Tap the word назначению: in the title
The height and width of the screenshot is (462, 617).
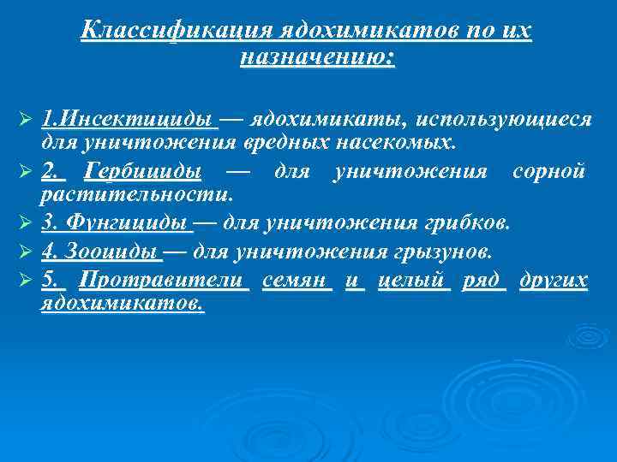[x=318, y=58]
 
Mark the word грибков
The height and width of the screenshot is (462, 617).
[x=469, y=224]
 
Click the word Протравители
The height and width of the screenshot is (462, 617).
[x=163, y=281]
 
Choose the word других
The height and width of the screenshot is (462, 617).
[x=554, y=281]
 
